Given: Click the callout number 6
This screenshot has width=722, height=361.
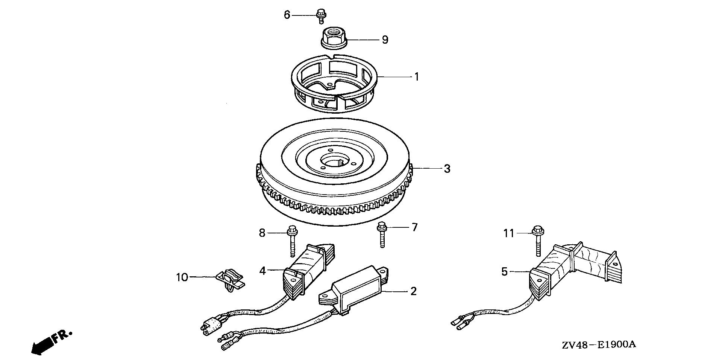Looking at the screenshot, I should coord(287,15).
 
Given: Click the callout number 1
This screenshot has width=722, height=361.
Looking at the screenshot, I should coord(416,77).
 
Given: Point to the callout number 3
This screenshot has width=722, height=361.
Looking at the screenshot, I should coord(447,169).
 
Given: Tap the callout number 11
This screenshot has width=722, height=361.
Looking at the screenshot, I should coord(509,233).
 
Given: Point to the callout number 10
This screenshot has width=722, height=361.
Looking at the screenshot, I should coord(182,277).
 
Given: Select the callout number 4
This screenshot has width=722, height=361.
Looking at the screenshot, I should coord(262,270).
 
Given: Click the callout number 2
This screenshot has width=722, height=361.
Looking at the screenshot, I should coord(413,291).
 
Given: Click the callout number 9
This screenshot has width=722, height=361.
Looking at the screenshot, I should coord(385,40).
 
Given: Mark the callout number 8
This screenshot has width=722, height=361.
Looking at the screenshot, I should coord(262,233).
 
